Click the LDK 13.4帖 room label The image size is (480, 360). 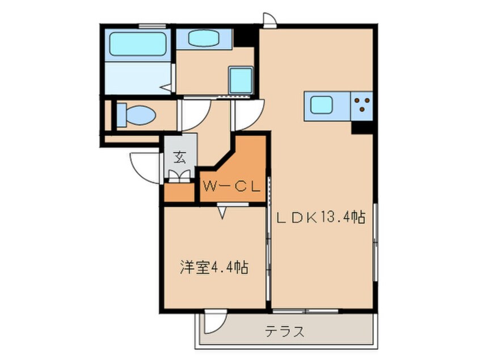(321, 217)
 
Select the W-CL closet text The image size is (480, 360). (231, 186)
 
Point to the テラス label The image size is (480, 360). (285, 331)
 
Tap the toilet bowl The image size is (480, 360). (137, 115)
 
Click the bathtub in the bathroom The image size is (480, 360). (138, 44)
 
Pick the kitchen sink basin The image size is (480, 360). (322, 105)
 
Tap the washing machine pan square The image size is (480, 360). (241, 80)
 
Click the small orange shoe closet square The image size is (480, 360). (179, 192)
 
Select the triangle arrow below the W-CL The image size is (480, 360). (222, 212)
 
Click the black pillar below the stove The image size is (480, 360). (362, 127)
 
